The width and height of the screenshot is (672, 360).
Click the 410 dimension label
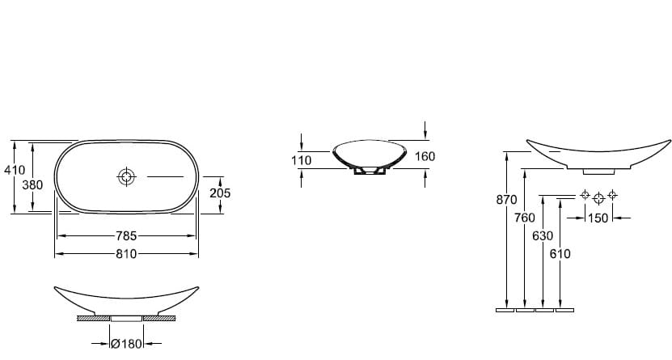point(15,170)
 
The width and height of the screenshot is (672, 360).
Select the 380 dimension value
point(32,185)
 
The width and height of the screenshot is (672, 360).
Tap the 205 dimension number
point(220,193)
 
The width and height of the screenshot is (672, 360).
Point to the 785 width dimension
point(126,235)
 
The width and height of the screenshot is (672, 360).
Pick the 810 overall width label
point(126,254)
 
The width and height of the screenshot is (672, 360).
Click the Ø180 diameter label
point(126,343)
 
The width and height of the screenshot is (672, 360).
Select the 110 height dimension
point(302,160)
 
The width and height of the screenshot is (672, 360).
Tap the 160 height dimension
point(425,156)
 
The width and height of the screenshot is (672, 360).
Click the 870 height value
point(506,200)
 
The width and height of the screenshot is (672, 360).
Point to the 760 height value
point(525,218)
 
